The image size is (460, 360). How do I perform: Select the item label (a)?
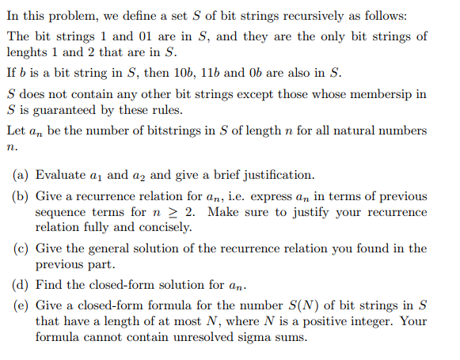(x=21, y=175)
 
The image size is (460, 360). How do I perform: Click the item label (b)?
(x=21, y=195)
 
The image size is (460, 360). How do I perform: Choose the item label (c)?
(x=21, y=248)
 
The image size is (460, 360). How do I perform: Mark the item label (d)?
(x=21, y=284)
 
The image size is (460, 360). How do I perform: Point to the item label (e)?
(x=21, y=305)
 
